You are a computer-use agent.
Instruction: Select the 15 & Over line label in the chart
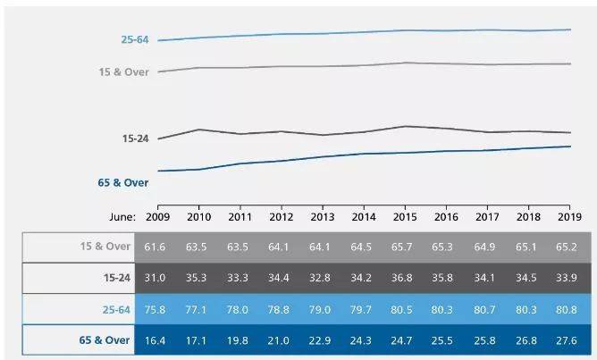tap(123, 71)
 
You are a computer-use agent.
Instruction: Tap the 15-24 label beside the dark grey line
tap(135, 138)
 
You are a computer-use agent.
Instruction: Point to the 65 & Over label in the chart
tap(123, 182)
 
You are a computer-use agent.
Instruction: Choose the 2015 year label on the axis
tap(406, 216)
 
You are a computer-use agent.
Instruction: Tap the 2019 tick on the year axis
tap(571, 216)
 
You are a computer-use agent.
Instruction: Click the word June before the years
tap(121, 216)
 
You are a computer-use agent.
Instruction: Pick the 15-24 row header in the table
tap(114, 278)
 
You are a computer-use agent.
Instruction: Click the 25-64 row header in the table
tap(114, 309)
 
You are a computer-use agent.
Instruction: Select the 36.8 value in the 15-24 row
tap(406, 278)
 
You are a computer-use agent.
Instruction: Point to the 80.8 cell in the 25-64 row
tap(571, 309)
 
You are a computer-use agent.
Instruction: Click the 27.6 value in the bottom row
tap(571, 340)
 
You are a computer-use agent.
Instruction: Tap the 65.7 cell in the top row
tap(406, 247)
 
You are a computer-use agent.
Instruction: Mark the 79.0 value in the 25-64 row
tap(323, 309)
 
